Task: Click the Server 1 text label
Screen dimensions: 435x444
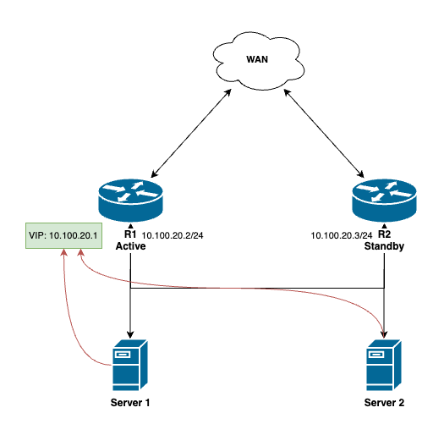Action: coord(129,402)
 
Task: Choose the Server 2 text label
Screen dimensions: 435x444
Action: coord(385,402)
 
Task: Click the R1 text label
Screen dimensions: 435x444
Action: coord(130,234)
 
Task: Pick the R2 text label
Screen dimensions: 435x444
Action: coord(386,234)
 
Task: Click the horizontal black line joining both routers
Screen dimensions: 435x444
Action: coord(254,288)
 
